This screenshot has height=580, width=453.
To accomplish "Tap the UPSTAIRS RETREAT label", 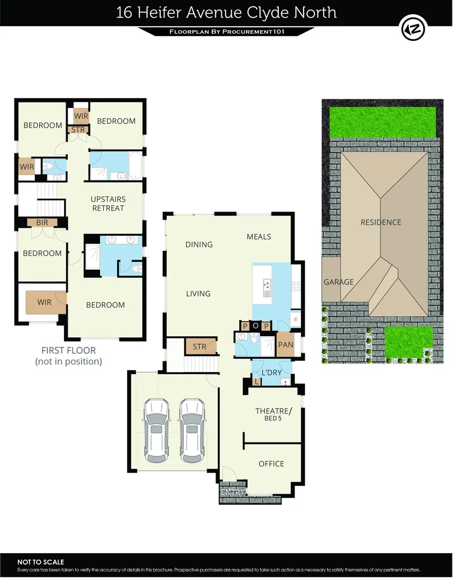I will tap(108, 204).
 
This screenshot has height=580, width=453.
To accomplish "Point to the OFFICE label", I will tap(271, 463).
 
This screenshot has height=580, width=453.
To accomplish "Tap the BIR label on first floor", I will tap(42, 222).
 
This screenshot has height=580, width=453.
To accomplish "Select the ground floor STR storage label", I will tap(199, 347).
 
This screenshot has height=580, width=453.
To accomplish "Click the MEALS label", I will tap(259, 236).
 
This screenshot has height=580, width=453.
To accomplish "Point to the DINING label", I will tap(199, 244).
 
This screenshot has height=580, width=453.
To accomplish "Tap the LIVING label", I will tap(198, 294).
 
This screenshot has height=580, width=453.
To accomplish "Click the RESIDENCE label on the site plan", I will tap(380, 222).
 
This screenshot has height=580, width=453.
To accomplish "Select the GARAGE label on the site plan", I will tap(339, 282).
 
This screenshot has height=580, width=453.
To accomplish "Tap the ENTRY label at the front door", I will tap(232, 492).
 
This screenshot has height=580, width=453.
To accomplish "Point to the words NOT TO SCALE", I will tap(41, 562).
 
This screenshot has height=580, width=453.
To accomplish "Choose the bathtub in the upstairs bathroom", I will tap(135, 166).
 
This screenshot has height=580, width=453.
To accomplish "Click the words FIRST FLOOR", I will tap(68, 351).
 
